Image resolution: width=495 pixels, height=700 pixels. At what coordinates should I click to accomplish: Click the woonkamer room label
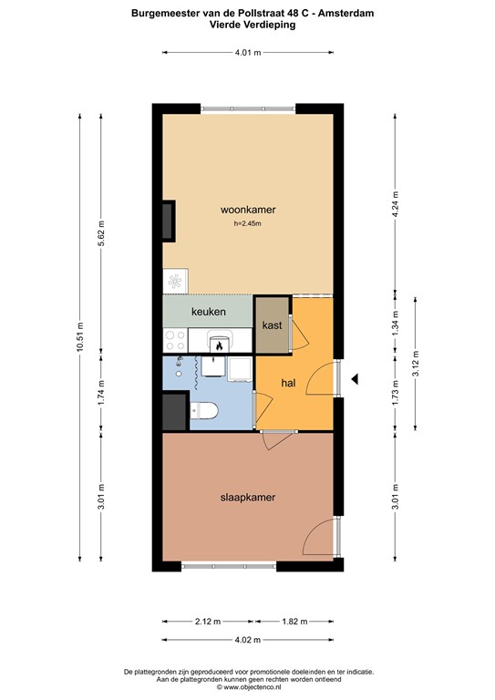point(247,210)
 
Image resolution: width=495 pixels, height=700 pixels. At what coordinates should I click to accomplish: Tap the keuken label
point(208,312)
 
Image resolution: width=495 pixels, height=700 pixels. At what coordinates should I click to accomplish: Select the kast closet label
point(271,325)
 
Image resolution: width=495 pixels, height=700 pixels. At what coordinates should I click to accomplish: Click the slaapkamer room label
point(247,498)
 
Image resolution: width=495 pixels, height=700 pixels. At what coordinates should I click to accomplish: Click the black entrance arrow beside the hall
point(356,379)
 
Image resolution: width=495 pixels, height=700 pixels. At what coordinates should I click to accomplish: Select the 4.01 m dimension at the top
point(247,53)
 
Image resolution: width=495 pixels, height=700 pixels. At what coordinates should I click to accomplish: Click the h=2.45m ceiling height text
point(247,223)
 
